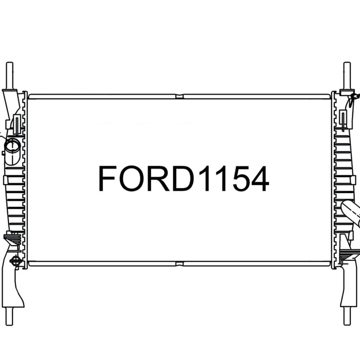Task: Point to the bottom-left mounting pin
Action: [9, 315]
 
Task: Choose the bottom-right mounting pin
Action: [346, 315]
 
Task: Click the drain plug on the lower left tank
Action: [16, 261]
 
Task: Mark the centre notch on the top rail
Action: [180, 96]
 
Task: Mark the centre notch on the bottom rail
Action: [180, 263]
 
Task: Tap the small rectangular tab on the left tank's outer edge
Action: [5, 180]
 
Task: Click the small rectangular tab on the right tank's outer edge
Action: [355, 180]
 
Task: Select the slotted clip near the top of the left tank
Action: [16, 124]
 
